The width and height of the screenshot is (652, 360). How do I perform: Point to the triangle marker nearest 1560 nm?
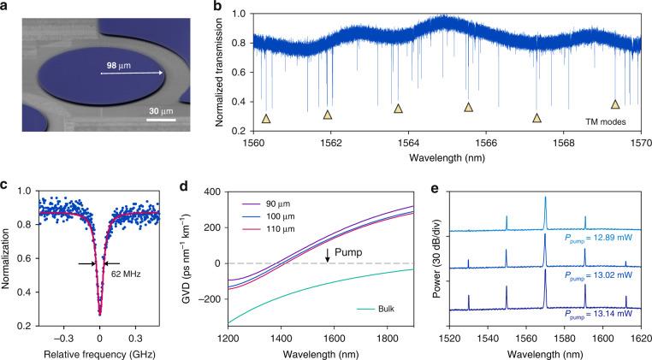pos(265,119)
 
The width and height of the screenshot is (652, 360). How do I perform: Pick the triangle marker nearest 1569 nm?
pos(615,104)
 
